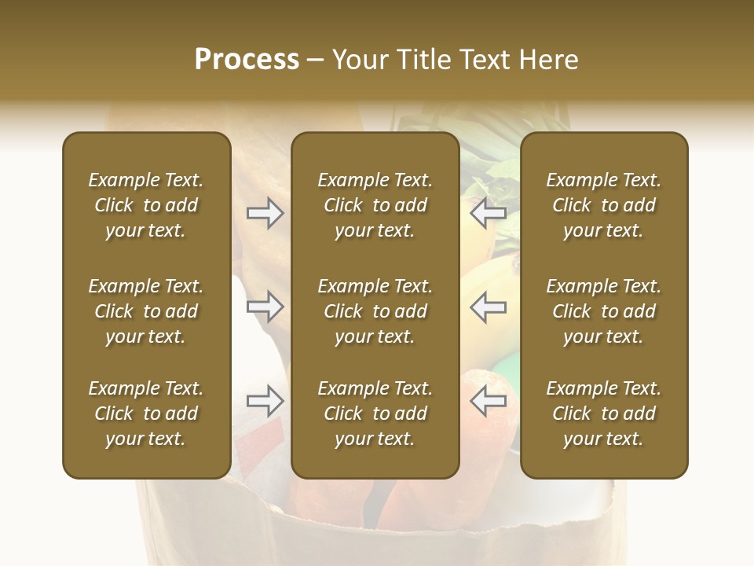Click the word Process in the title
(x=247, y=60)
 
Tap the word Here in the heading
(x=550, y=60)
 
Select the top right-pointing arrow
(x=265, y=213)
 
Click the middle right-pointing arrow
(x=265, y=307)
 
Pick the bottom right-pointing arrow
(x=265, y=401)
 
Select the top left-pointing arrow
(x=488, y=213)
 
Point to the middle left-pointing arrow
(x=488, y=307)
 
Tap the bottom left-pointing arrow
(x=488, y=401)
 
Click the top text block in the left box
(x=146, y=205)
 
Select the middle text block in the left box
(x=146, y=311)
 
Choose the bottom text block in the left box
(x=146, y=413)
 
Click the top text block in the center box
(x=375, y=205)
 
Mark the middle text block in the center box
(x=375, y=311)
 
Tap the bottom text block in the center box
(x=375, y=413)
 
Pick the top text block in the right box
(x=604, y=205)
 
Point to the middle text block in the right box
(x=604, y=311)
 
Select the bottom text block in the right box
(x=604, y=413)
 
